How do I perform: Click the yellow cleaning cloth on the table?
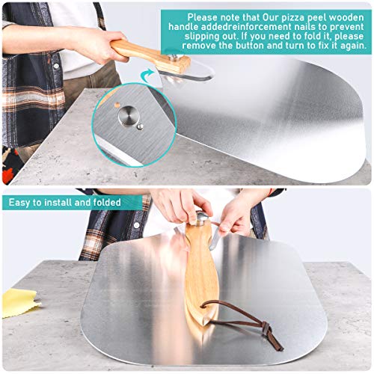(19, 302)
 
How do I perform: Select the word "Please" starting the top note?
(205, 16)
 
